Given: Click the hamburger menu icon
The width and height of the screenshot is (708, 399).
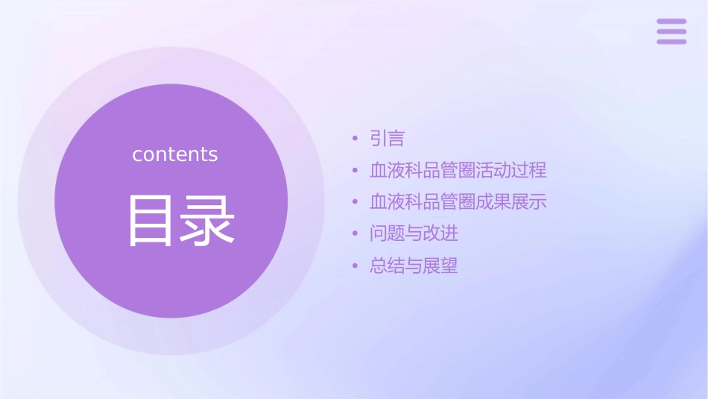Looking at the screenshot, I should coord(671,31).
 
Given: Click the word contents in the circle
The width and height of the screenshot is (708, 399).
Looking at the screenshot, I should coord(175,154).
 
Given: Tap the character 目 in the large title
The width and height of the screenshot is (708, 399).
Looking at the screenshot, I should coord(151,221).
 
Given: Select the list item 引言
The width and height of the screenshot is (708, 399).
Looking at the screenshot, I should coord(387,139).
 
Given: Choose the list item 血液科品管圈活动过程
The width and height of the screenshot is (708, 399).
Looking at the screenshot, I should coord(458,170).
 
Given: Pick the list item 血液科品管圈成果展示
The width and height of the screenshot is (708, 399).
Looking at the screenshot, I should coord(458,201).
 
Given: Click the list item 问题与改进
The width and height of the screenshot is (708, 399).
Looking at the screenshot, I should coord(414,233).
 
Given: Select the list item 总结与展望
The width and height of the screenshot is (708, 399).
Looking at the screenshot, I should coord(414,266).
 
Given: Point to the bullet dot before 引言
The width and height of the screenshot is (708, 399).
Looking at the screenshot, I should coord(355,139).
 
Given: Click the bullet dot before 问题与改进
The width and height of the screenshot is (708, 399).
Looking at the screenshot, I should coord(355,234).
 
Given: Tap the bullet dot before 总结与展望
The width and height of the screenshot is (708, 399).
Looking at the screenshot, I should coord(355,266).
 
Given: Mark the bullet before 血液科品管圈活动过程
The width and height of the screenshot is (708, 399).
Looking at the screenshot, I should coord(355,171).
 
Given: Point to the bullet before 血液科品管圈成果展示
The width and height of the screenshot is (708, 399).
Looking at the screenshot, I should coord(355,202).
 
